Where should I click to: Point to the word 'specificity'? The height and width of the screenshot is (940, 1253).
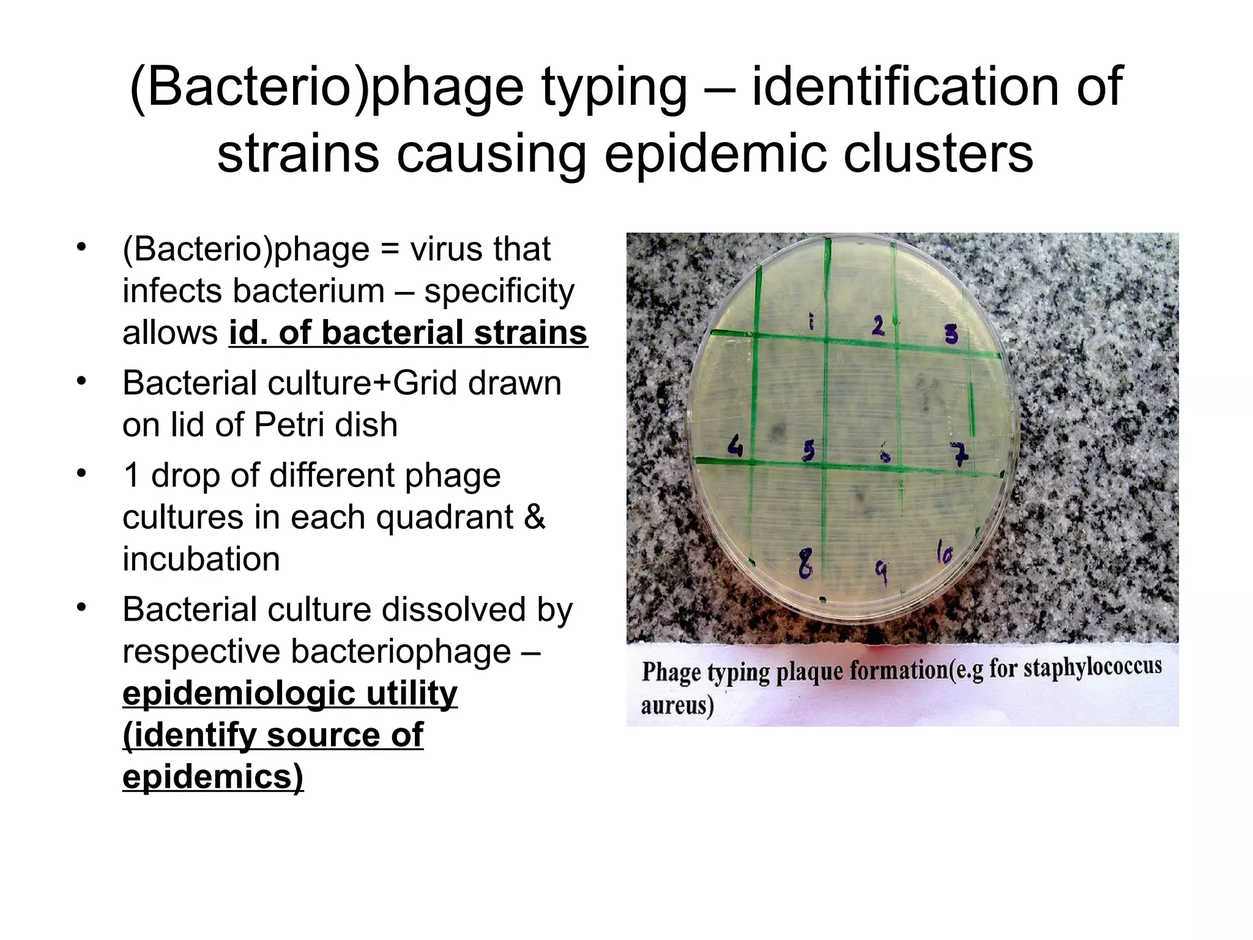[x=499, y=291]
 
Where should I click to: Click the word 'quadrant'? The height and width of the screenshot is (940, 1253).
[x=445, y=517]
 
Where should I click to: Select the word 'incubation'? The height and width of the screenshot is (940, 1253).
[x=201, y=559]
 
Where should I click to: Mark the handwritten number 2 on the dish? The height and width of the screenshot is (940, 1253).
[x=878, y=326]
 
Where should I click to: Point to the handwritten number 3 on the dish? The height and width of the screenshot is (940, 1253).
[x=951, y=334]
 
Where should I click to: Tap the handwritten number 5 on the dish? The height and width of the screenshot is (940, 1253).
[x=809, y=452]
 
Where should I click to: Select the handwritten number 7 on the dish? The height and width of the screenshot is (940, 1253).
[x=961, y=453]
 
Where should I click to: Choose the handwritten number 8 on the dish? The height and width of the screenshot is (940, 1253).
[x=806, y=564]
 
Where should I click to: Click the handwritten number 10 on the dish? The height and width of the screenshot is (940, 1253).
[x=944, y=554]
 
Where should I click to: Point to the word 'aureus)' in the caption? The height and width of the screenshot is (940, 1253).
[x=677, y=706]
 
